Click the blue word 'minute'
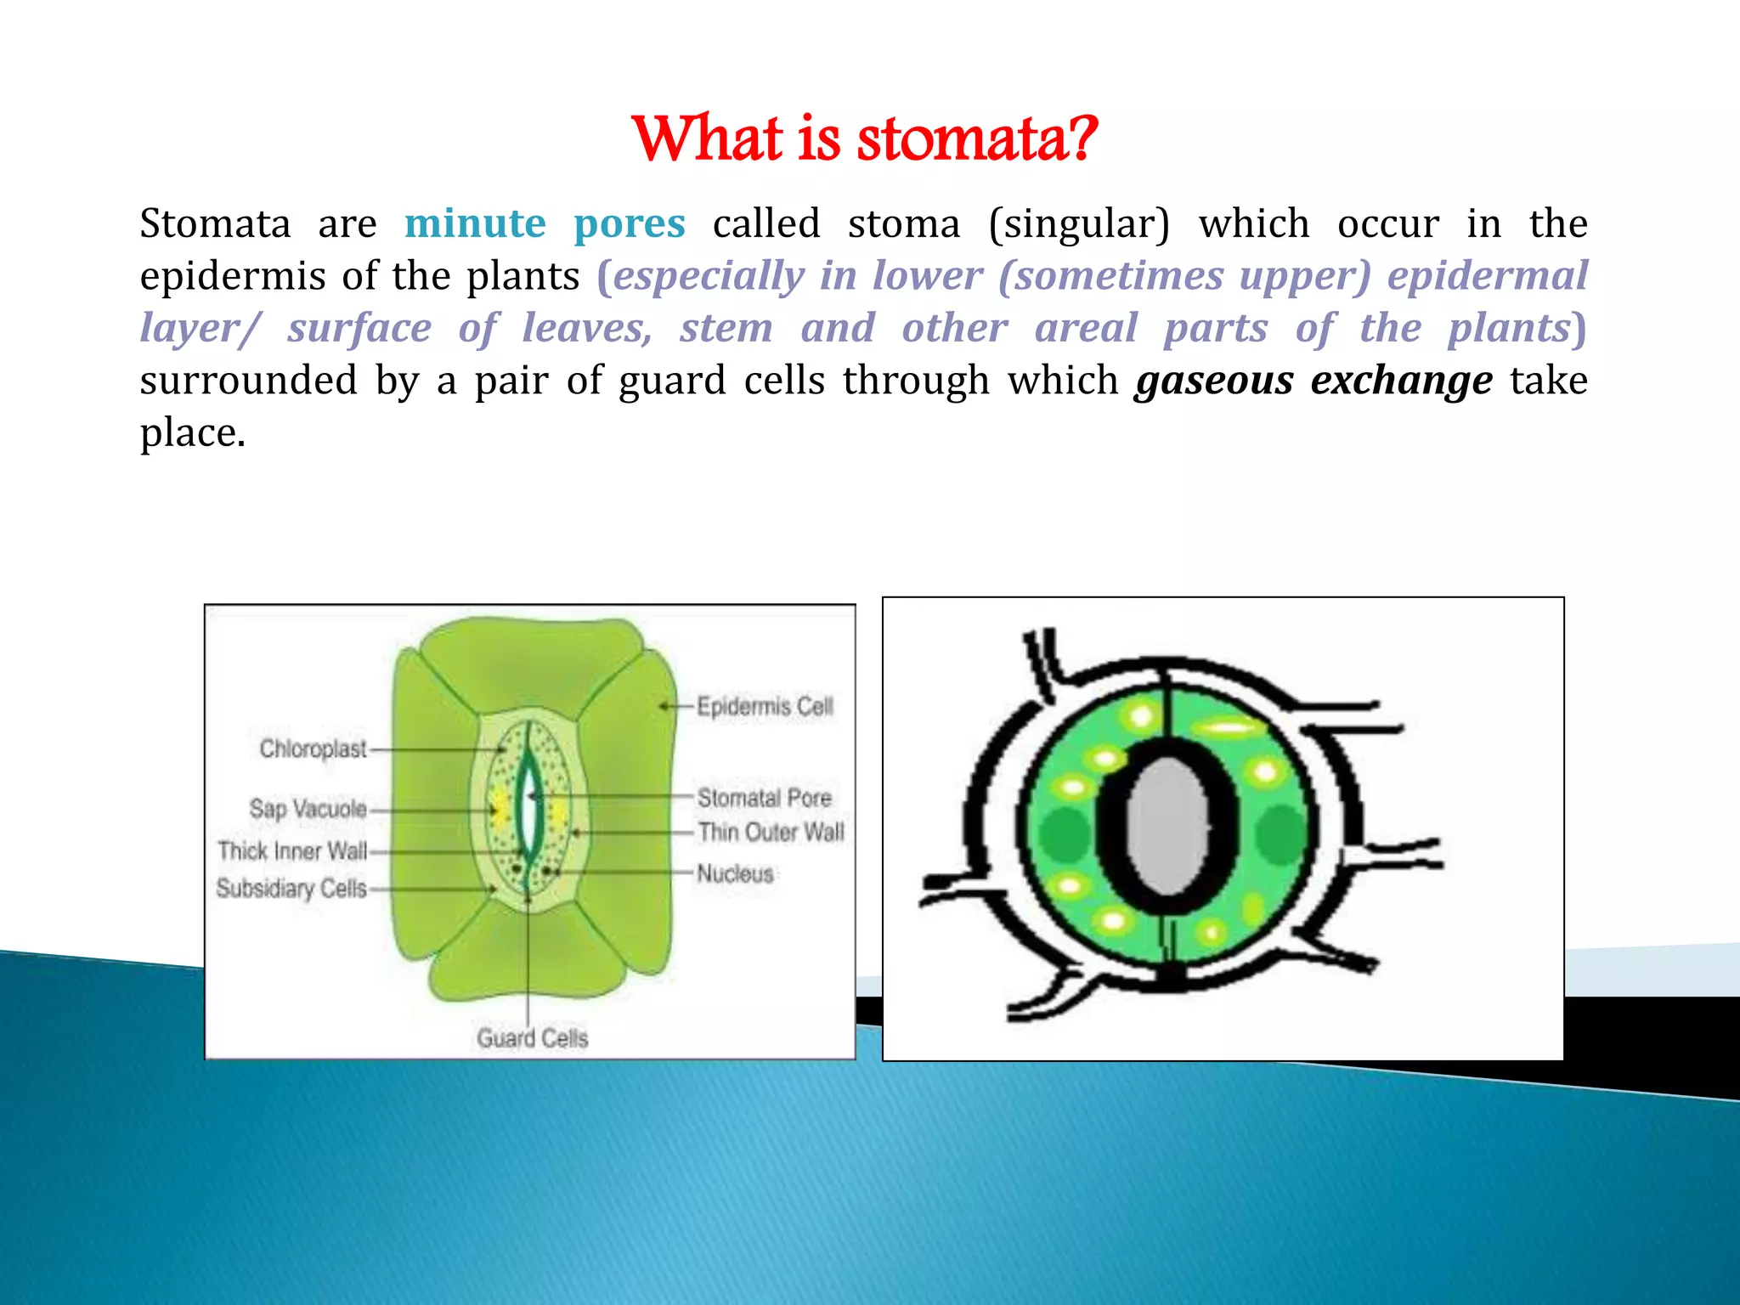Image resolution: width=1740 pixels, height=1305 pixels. pos(475,224)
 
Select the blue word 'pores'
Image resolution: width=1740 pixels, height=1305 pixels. pos(629,224)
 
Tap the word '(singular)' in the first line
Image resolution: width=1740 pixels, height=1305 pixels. pos(1079,224)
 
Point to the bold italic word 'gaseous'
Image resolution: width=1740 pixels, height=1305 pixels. pos(1214,381)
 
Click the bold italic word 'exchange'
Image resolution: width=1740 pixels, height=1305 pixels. pos(1401,381)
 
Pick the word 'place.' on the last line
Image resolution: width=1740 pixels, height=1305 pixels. pos(193,433)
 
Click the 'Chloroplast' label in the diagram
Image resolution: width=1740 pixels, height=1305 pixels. pos(313,749)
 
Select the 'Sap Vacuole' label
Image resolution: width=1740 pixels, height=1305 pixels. pos(308,808)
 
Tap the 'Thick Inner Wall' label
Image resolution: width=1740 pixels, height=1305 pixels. pos(292,850)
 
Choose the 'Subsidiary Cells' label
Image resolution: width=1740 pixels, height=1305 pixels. pos(291,889)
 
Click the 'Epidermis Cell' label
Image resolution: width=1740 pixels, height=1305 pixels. pos(765,706)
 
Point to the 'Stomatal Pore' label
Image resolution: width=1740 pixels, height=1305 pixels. pos(764,798)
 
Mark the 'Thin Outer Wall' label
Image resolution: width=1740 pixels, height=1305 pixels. pos(771,832)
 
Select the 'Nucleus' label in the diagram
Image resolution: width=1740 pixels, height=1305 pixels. pos(735,873)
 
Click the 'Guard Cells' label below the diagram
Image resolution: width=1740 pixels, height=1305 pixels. pos(532,1038)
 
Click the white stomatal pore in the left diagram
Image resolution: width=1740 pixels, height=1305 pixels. pos(530,807)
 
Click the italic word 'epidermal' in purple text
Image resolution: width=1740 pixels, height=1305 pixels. pos(1487,276)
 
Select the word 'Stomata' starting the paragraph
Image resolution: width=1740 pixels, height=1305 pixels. pos(215,224)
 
